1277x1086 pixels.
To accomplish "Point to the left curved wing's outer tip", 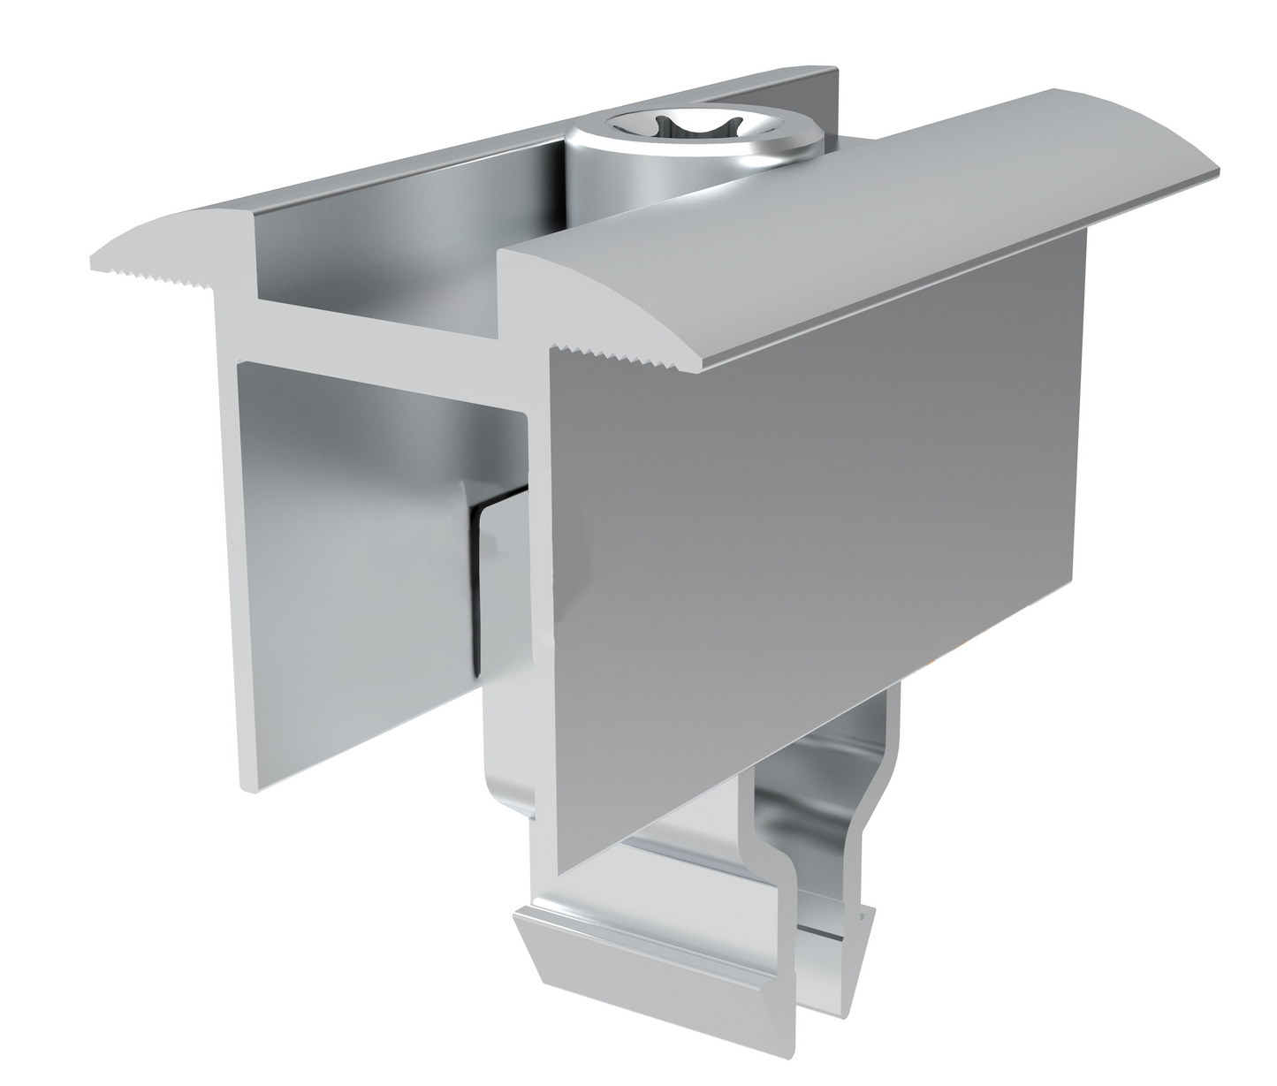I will tap(95, 262).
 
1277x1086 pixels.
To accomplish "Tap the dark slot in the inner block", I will tap(478, 592).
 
